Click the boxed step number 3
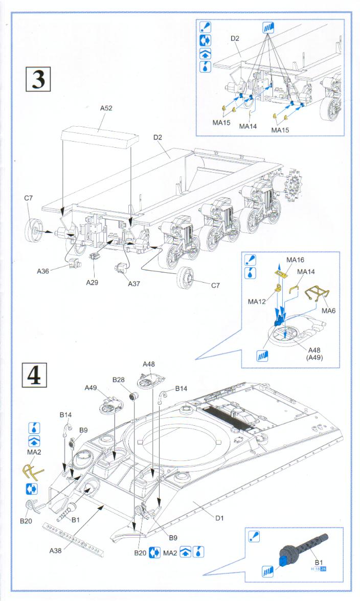point(38,79)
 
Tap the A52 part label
point(106,108)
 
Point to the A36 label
point(43,271)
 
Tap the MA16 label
point(295,260)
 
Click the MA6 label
point(328,310)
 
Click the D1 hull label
point(219,518)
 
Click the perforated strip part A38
point(75,540)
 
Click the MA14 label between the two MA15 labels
point(247,126)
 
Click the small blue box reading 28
point(323,569)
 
